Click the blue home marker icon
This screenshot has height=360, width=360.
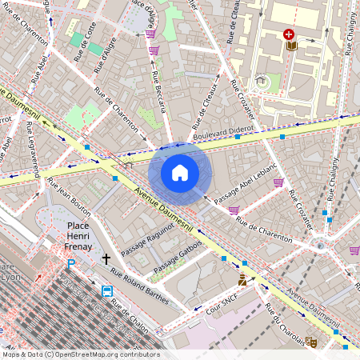(180, 173)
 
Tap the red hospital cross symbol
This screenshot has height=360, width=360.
(288, 34)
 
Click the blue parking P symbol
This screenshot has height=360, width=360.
(70, 263)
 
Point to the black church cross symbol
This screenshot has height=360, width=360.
(106, 258)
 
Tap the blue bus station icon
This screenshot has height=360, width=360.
(107, 290)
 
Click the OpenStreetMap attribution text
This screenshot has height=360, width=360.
(81, 354)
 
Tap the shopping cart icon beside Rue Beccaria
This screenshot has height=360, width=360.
(151, 49)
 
